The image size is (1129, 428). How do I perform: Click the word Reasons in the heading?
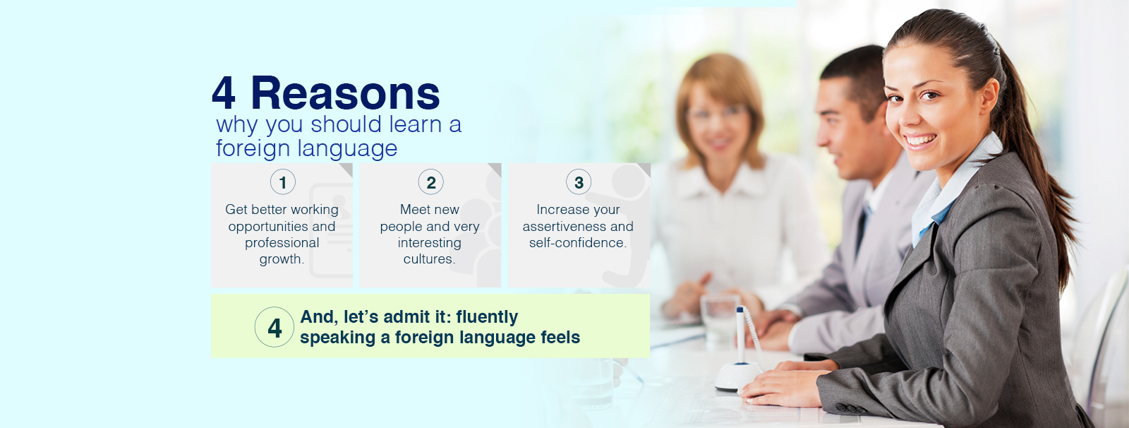coord(345,93)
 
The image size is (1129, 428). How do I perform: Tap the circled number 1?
coord(283,182)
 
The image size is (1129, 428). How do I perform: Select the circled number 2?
coord(431,182)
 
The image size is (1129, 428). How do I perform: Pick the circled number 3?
coord(579,182)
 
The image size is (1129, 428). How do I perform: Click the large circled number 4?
coord(274,327)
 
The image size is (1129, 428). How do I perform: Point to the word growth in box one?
coord(282,259)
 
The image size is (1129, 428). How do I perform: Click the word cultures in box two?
coord(429,259)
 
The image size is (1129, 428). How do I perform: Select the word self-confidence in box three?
coord(578,243)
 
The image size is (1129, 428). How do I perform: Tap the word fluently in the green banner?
coord(487,317)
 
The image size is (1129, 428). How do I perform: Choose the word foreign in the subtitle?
coord(253,149)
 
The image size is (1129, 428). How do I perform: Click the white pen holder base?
coord(738,376)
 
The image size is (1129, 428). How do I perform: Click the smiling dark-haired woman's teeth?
coord(920,139)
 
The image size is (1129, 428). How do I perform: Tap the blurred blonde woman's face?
coord(718,123)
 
